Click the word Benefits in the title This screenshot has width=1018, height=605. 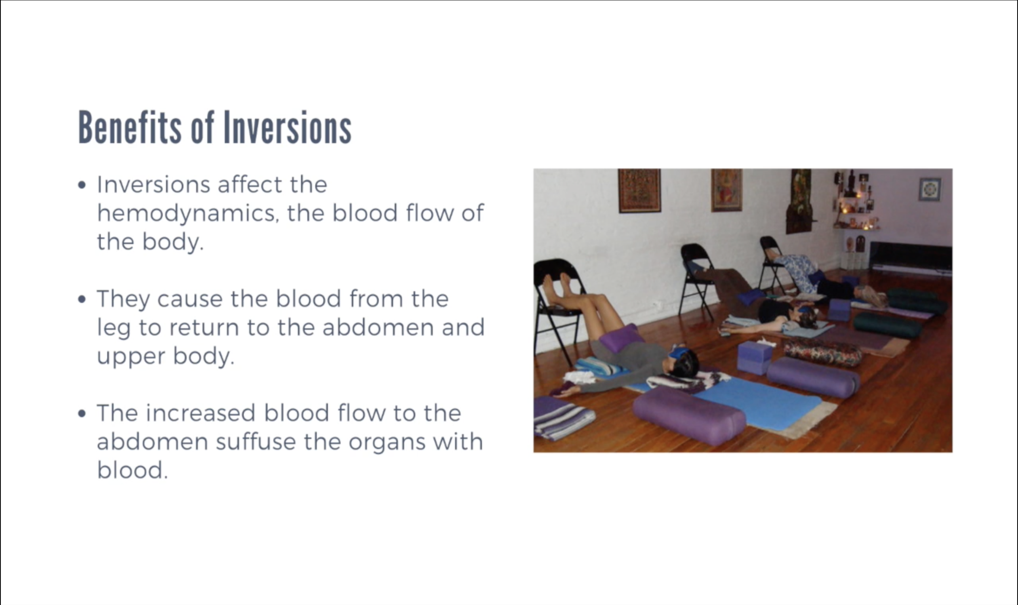[x=130, y=127]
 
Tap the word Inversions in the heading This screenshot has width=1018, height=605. [x=287, y=127]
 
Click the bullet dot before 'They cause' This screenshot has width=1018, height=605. [x=82, y=299]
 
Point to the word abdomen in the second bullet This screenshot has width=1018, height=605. [x=378, y=327]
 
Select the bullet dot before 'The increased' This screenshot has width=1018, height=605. [x=82, y=413]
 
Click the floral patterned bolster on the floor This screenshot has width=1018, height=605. [x=823, y=353]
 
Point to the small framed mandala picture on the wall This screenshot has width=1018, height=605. [x=930, y=189]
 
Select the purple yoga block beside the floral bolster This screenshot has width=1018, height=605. [x=755, y=358]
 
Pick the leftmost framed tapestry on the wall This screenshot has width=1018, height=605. [x=639, y=191]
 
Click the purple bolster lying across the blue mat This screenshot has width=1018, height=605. [x=689, y=415]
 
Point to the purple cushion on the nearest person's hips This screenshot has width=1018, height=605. [x=621, y=338]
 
